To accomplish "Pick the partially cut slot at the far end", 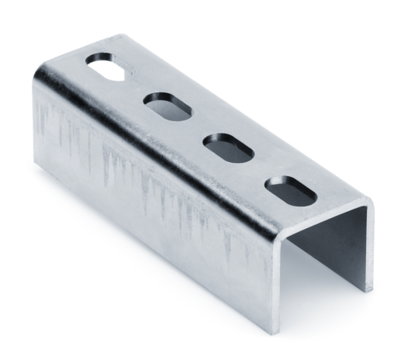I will [105, 66].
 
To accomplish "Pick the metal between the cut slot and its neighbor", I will [136, 85].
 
